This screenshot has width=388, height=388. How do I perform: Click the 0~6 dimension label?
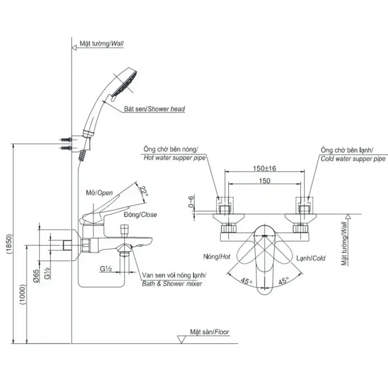click(x=192, y=202)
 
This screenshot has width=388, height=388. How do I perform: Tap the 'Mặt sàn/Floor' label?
click(x=210, y=332)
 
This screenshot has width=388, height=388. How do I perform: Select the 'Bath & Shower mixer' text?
click(x=172, y=284)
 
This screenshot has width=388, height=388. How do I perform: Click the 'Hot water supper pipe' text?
click(x=175, y=158)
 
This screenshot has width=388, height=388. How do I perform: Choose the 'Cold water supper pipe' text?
click(x=353, y=159)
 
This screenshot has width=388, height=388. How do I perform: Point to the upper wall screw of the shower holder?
click(x=65, y=140)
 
